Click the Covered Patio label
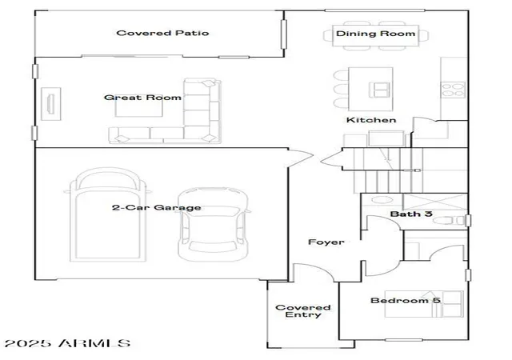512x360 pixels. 162,33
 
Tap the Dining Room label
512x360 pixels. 375,34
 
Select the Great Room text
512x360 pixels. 142,98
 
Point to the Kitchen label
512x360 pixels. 371,120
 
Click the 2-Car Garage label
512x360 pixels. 157,207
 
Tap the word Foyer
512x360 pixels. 326,242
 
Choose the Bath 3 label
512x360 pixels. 411,214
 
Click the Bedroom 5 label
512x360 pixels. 406,300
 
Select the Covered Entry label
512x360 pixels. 303,311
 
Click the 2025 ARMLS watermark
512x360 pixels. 67,343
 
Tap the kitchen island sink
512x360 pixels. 379,90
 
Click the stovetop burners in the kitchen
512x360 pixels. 453,90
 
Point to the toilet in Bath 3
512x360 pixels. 449,221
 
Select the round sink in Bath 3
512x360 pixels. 382,200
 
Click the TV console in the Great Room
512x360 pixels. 51,104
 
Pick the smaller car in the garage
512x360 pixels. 213,225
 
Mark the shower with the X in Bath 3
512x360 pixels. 435,202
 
